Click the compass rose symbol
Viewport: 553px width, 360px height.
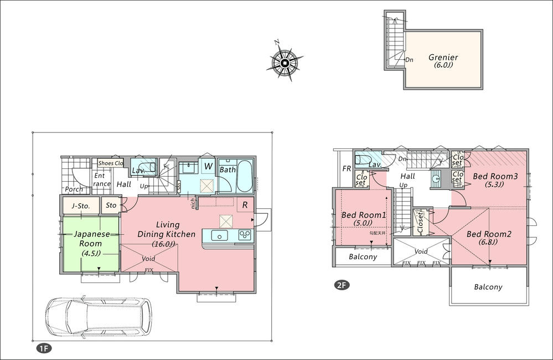(x=285, y=63)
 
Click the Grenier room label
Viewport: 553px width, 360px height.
(x=443, y=58)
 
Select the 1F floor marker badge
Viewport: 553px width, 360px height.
(x=44, y=348)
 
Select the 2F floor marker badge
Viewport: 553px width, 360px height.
(x=341, y=286)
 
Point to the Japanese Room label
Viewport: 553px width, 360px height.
(x=90, y=239)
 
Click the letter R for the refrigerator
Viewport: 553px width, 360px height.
(x=245, y=205)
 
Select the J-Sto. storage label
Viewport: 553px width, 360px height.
(x=81, y=205)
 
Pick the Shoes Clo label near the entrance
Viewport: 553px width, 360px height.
(x=110, y=163)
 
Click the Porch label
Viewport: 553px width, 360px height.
(x=74, y=189)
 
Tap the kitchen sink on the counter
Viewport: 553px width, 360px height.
(x=220, y=236)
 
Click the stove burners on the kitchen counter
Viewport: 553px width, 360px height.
(x=244, y=235)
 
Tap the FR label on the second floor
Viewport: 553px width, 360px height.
(x=347, y=168)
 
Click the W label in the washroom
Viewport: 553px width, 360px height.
(x=208, y=165)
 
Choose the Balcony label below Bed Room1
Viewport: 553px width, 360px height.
(x=363, y=256)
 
